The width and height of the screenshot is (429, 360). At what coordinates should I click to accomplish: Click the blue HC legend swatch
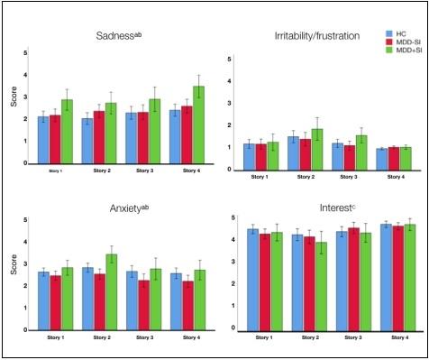[379, 32]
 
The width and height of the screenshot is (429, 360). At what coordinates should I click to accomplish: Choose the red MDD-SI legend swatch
[379, 42]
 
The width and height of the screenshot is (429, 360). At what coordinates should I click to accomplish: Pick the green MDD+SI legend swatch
[379, 52]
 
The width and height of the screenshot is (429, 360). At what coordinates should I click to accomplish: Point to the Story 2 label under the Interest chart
[304, 337]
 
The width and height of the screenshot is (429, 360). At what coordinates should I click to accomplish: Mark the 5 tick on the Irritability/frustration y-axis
[233, 60]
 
